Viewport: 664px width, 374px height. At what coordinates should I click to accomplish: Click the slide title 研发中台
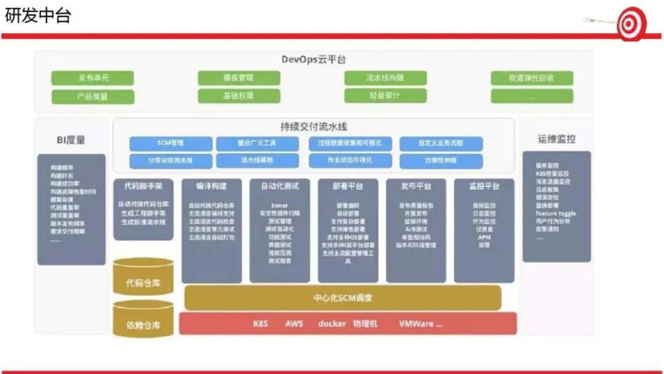[38, 15]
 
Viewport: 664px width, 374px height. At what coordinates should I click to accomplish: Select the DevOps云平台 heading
[314, 60]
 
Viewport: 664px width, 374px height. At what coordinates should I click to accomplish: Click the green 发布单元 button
[93, 78]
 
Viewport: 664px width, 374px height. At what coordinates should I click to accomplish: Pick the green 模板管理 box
[239, 78]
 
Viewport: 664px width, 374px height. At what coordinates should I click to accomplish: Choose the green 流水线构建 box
[385, 78]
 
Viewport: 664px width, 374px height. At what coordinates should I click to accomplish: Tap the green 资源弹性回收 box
[532, 78]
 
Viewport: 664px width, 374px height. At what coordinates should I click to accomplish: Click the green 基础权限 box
[239, 96]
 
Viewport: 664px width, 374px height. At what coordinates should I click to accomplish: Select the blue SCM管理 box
[170, 143]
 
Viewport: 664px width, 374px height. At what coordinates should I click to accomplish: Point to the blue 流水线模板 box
[257, 161]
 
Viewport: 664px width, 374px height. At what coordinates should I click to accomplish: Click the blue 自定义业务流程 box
[441, 143]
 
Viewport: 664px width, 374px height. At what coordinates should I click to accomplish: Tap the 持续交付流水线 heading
[314, 127]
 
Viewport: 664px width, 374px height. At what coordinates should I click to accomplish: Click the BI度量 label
[71, 140]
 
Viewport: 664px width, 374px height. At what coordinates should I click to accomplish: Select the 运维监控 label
[556, 140]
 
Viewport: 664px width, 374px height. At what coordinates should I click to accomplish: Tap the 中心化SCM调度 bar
[342, 298]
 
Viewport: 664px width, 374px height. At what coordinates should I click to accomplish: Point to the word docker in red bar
[333, 324]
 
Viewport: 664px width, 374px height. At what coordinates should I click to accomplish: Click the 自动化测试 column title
[280, 186]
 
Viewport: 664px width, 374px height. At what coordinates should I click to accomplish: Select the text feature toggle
[556, 213]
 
